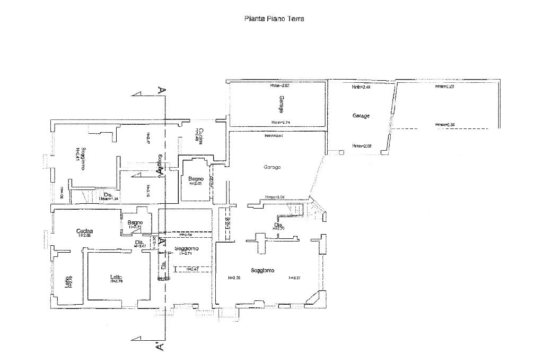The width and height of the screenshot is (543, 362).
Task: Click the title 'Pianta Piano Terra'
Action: [274, 19]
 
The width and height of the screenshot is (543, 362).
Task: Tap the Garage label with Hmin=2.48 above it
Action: [361, 115]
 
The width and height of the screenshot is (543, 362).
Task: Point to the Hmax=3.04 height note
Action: [275, 197]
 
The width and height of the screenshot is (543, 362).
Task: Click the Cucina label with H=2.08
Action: [84, 231]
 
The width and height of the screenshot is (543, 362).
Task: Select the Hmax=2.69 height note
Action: [361, 146]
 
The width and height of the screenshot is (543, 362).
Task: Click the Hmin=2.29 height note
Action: [444, 86]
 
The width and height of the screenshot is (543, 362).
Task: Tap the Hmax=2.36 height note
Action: [445, 125]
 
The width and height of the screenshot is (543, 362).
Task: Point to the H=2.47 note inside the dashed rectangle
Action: [192, 270]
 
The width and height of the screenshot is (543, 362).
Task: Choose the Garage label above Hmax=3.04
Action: [272, 167]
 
